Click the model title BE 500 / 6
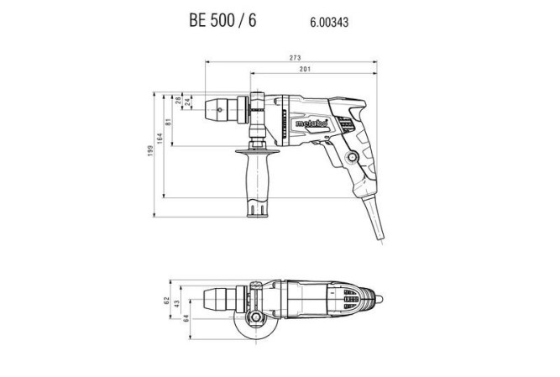pyautogui.click(x=217, y=20)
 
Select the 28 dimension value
pyautogui.click(x=179, y=105)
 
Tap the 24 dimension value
pyautogui.click(x=188, y=105)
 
